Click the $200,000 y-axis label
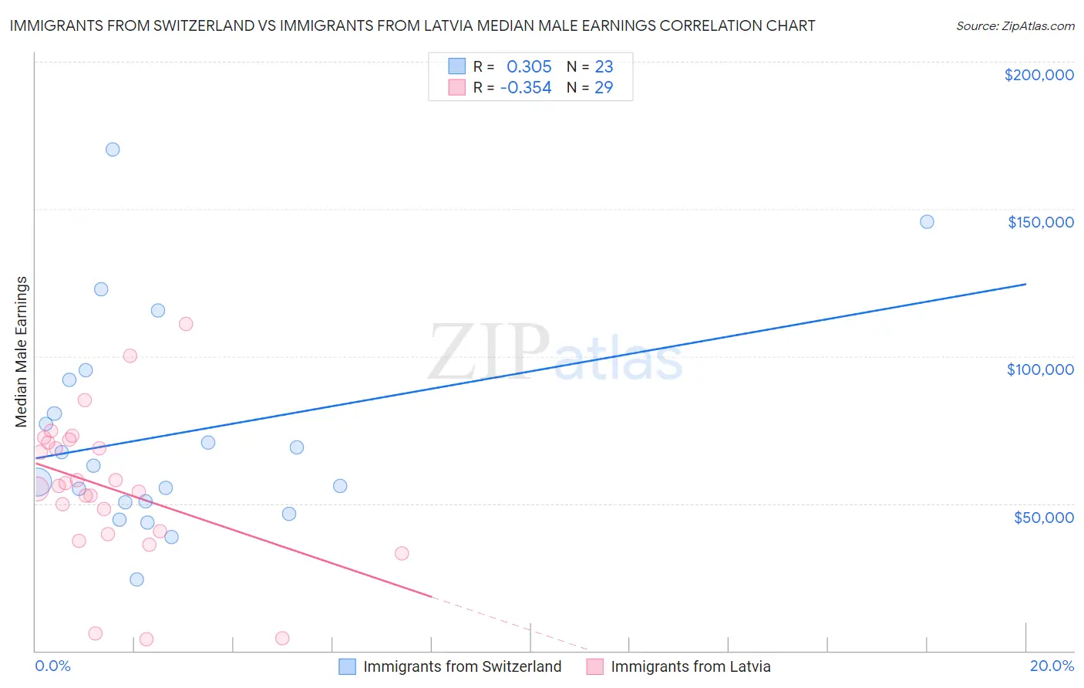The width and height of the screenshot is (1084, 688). coord(1039,75)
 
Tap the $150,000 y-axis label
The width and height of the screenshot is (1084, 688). coord(1040,222)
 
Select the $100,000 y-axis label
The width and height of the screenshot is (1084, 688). coord(1040,369)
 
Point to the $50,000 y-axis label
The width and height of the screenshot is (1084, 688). coord(1043,517)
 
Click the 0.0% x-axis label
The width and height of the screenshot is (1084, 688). coord(52,666)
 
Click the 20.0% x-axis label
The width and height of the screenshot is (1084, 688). coord(1052,666)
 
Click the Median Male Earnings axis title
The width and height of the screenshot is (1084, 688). coord(22,352)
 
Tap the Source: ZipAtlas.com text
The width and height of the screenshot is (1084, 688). coord(1015,26)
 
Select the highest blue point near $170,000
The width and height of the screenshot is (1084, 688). coord(113,150)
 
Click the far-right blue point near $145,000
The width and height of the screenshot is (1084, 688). coord(927,222)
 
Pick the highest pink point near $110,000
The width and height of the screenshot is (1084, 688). coord(186,324)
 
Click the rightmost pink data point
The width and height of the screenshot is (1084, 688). coord(402,553)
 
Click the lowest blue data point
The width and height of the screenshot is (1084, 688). coord(136,579)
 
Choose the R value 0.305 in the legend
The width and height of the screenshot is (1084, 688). coord(529,67)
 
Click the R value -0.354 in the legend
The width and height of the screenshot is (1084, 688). coord(526,88)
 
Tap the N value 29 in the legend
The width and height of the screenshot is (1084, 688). coord(604,88)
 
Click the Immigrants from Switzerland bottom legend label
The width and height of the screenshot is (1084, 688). coord(462,666)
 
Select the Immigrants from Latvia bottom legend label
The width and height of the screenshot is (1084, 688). coord(690,666)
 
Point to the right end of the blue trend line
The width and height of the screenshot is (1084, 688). coord(1025,285)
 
